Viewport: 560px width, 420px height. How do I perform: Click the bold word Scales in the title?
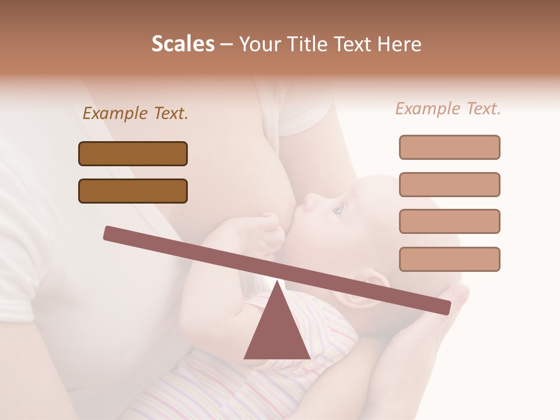(x=183, y=44)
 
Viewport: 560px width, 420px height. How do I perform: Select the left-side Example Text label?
(x=135, y=114)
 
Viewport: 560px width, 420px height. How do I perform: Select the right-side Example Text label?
(x=448, y=109)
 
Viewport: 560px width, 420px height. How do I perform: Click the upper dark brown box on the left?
(x=133, y=153)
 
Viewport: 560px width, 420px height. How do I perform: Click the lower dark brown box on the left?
(x=133, y=191)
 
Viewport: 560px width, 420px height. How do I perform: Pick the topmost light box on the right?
(x=449, y=147)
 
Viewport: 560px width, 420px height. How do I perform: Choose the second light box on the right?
(x=449, y=184)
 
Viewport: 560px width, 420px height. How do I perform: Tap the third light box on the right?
(x=449, y=221)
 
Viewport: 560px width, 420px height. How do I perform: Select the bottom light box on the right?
(x=449, y=259)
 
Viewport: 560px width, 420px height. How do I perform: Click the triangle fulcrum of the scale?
(x=277, y=332)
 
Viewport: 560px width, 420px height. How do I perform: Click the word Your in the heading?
(x=258, y=44)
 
